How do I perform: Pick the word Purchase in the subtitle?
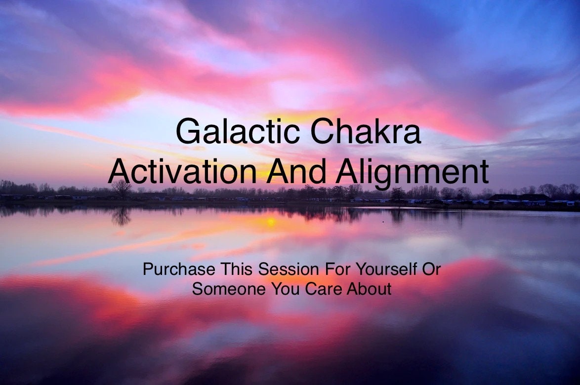click(179, 270)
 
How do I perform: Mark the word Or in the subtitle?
click(432, 270)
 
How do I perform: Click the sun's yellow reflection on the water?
click(270, 222)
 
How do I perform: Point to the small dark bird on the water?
click(383, 222)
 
